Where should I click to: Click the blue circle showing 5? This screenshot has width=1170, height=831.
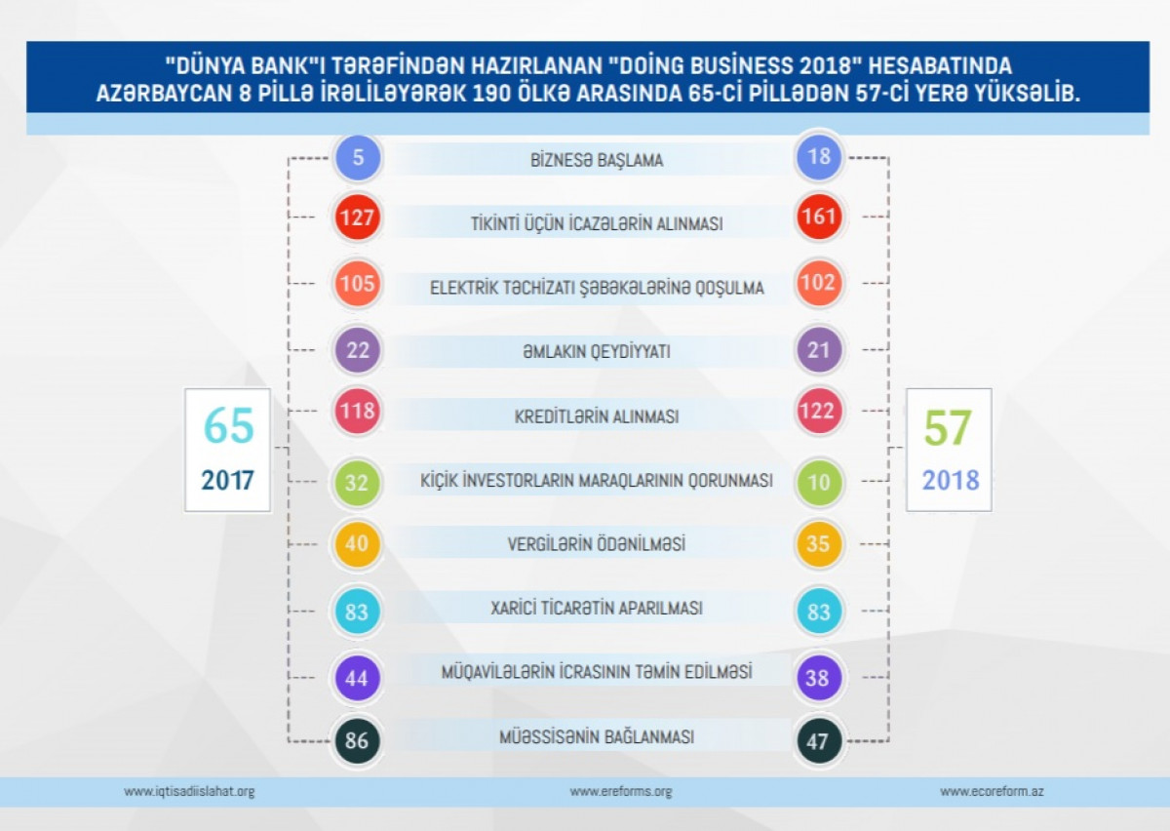coord(358,158)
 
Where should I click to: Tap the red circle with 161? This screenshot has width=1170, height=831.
coord(819,218)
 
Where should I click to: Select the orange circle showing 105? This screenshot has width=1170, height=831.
coord(358,285)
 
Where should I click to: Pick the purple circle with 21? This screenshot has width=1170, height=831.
coord(819,350)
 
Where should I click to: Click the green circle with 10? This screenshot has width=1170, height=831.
coord(819,481)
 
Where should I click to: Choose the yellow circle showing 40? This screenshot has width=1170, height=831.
coord(358,543)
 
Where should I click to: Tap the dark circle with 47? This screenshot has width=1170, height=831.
coord(819,741)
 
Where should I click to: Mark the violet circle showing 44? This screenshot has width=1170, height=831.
coord(358,678)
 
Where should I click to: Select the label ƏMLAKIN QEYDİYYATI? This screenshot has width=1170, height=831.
coord(597,352)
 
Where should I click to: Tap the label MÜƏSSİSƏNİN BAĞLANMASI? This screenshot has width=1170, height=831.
coord(597,737)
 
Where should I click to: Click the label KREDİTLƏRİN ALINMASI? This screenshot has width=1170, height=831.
coord(597,416)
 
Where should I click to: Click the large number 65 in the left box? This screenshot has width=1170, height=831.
coord(228,427)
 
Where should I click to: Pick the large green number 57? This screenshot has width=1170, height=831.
coord(948,429)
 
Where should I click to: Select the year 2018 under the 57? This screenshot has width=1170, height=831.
coord(950,481)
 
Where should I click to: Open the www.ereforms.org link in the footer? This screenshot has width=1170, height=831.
coord(621,791)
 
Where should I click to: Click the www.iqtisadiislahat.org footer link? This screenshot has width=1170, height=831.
coord(189,791)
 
